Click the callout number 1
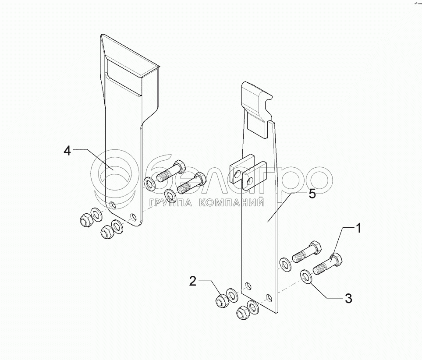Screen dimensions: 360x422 point(358,228)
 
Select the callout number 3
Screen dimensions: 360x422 point(348,299)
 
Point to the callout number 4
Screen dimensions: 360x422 point(67,151)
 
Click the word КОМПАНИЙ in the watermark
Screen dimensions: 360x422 point(231,202)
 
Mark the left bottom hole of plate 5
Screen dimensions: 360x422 point(248,286)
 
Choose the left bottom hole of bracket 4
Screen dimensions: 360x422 point(113,205)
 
